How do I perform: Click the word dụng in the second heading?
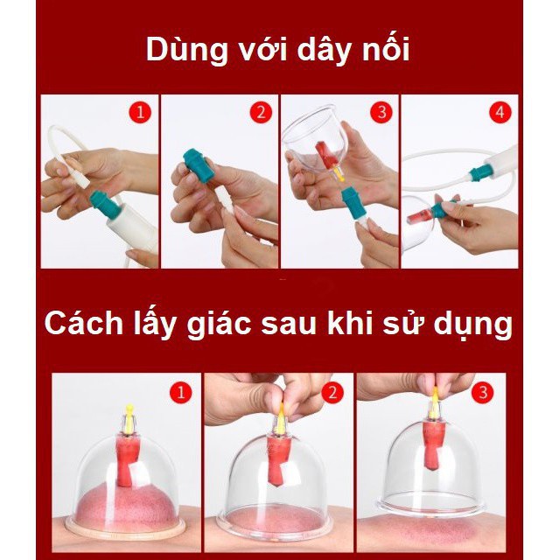[x=472, y=325]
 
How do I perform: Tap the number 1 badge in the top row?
[x=140, y=113]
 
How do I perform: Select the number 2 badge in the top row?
[x=261, y=113]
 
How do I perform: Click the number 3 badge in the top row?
[x=381, y=113]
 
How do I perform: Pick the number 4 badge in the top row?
[x=500, y=113]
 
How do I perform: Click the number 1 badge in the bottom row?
[x=181, y=392]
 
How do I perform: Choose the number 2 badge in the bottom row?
[x=332, y=392]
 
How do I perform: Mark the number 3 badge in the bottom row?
[x=483, y=392]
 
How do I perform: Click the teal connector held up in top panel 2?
[x=199, y=164]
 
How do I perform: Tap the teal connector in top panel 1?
[x=104, y=205]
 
